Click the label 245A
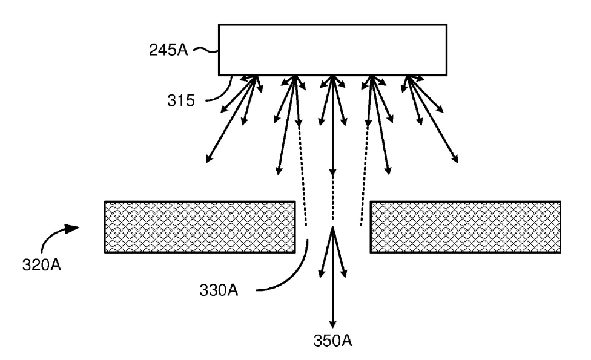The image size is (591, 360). (x=168, y=50)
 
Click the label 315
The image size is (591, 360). (x=181, y=100)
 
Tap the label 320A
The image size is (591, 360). (x=41, y=265)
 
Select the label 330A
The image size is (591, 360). (x=219, y=290)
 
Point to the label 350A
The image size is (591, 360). (x=332, y=341)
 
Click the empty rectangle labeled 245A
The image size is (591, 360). (x=333, y=50)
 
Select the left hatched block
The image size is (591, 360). (x=200, y=227)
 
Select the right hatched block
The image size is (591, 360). (x=466, y=227)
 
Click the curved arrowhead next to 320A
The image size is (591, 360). (x=71, y=228)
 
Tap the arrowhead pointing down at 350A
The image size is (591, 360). (x=332, y=324)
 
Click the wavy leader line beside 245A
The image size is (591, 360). (x=206, y=50)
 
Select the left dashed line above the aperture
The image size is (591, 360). (x=303, y=175)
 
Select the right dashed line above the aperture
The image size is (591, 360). (x=365, y=175)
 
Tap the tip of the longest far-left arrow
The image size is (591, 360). (x=206, y=163)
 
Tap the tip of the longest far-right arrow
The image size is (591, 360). (x=458, y=163)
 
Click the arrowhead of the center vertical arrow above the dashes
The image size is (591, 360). (x=332, y=172)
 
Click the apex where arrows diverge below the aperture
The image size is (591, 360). (x=332, y=227)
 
